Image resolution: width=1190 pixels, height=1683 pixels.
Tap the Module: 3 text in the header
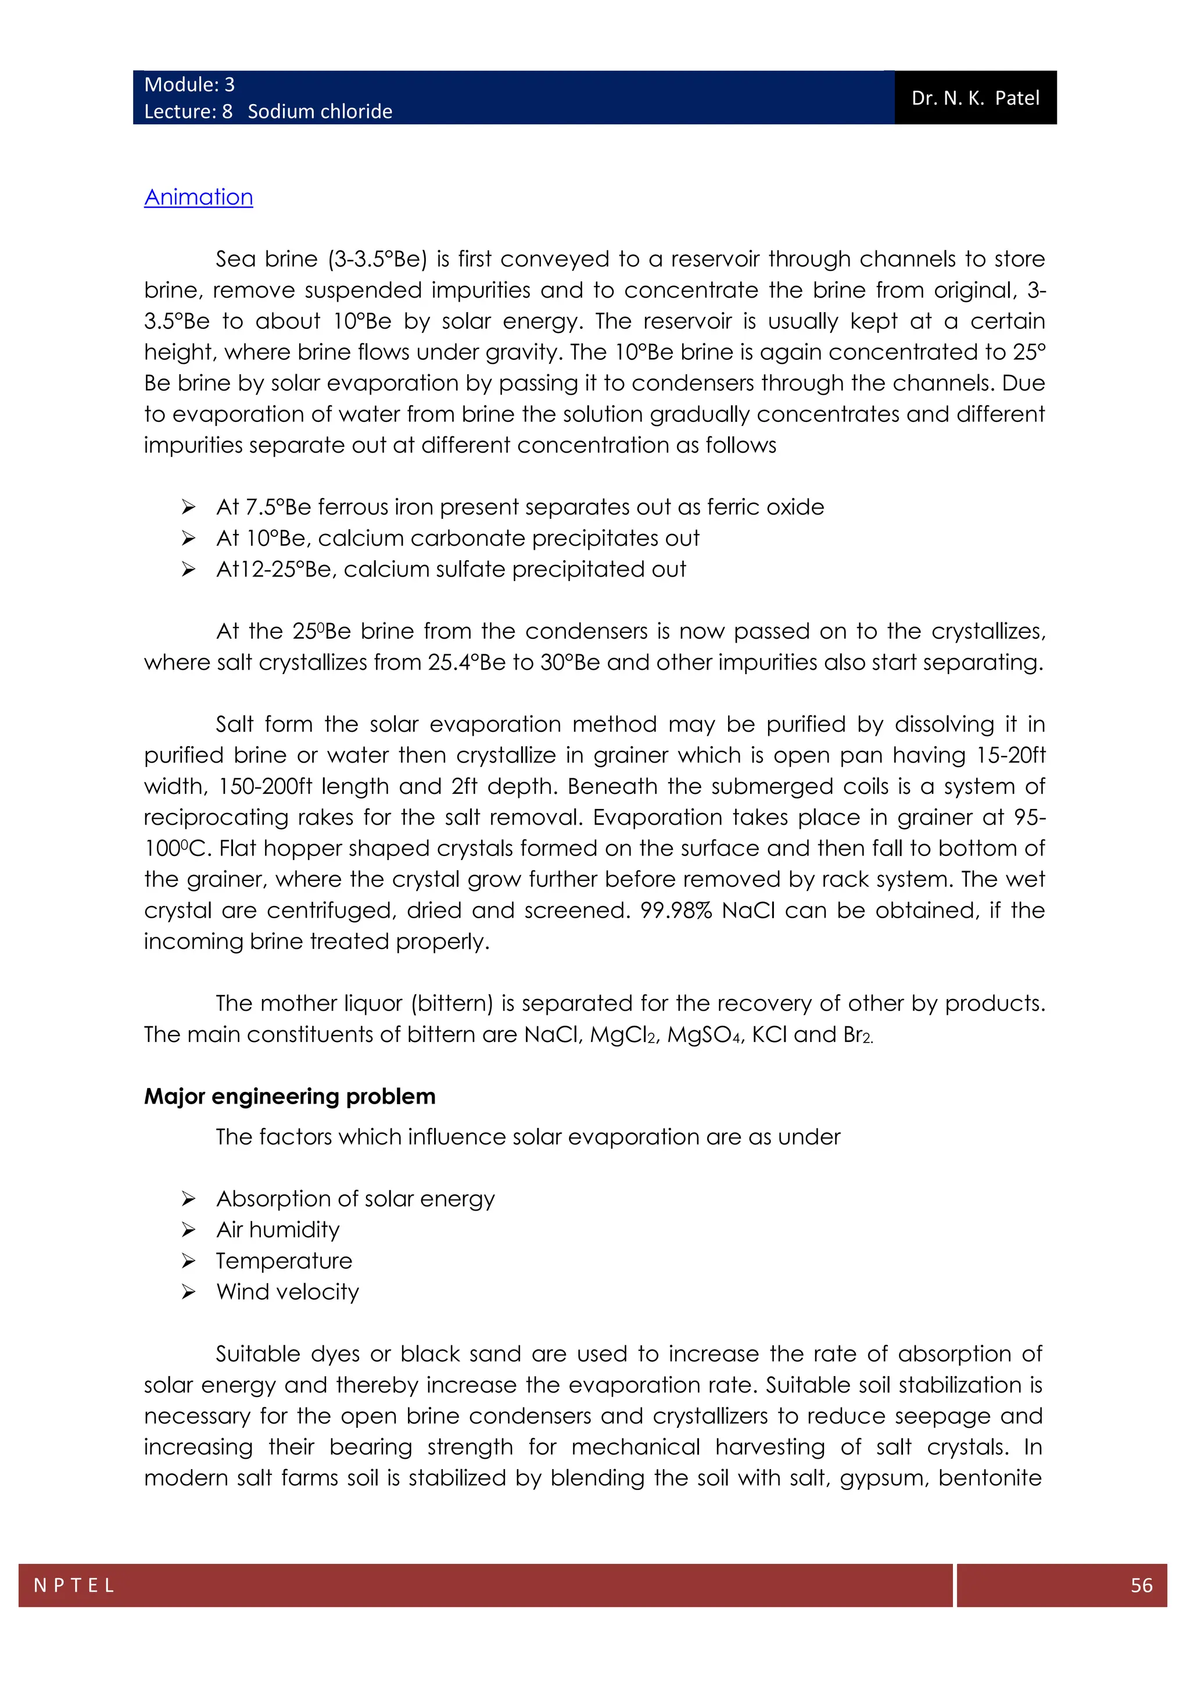coord(189,85)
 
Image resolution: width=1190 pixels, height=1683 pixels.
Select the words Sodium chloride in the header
coord(320,112)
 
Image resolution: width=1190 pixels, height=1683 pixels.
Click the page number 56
coord(1141,1585)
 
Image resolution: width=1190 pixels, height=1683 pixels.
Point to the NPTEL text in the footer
coord(74,1585)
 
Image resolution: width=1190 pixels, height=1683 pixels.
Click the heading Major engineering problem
coord(289,1096)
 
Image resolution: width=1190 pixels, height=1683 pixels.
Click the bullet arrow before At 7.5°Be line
coord(188,507)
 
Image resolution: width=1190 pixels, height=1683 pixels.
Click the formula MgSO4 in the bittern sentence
coord(705,1035)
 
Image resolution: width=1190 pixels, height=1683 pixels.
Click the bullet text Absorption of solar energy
coord(356,1199)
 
